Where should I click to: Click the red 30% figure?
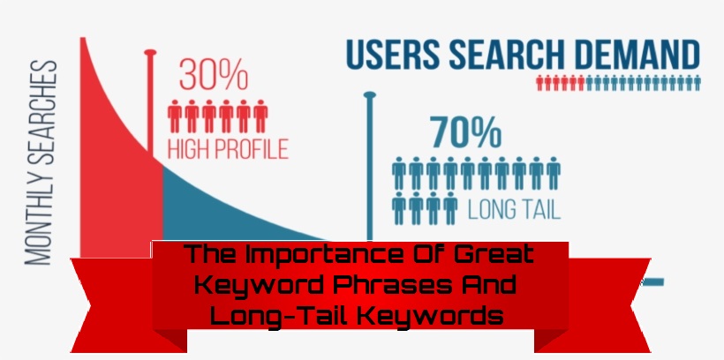(214, 74)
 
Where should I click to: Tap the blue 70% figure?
(465, 132)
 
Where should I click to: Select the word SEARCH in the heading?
(507, 55)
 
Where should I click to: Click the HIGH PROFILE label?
(228, 148)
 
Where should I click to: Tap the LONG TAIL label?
(514, 209)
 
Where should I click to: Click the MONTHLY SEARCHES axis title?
(41, 162)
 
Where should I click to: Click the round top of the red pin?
(150, 53)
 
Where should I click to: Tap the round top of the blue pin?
(369, 95)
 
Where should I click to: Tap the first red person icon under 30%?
(175, 116)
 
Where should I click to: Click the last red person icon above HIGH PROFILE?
(260, 116)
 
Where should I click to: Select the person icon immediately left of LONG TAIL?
(450, 208)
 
